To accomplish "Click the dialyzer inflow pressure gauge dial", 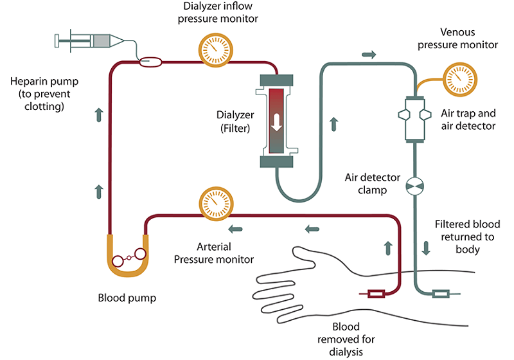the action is (216, 50).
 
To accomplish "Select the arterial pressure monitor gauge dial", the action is (216, 204).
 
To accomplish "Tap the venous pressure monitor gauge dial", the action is (460, 80).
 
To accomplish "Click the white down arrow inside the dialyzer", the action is (277, 122).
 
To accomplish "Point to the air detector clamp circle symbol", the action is (414, 186).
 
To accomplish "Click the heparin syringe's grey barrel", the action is (102, 41).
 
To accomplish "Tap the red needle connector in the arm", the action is (376, 294).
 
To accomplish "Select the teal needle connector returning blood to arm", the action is (441, 294).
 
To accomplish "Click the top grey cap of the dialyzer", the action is (276, 80).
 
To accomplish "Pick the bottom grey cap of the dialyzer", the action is (276, 161).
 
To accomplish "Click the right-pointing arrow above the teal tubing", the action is (369, 55).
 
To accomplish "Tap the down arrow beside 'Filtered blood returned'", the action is (426, 248).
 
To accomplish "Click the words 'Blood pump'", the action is (127, 298).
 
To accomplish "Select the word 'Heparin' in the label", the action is (26, 81).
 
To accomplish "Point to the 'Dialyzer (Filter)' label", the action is (235, 122).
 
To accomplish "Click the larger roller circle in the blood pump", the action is (140, 254).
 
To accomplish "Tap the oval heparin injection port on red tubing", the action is (151, 62).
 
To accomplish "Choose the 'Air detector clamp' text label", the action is (373, 184).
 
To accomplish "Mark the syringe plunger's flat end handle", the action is (57, 40).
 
